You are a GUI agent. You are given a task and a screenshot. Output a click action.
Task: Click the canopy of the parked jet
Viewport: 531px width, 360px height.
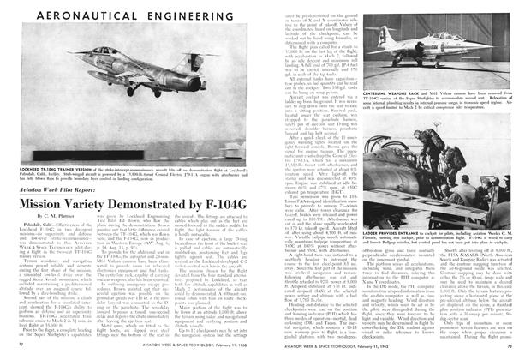pos(454,58)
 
